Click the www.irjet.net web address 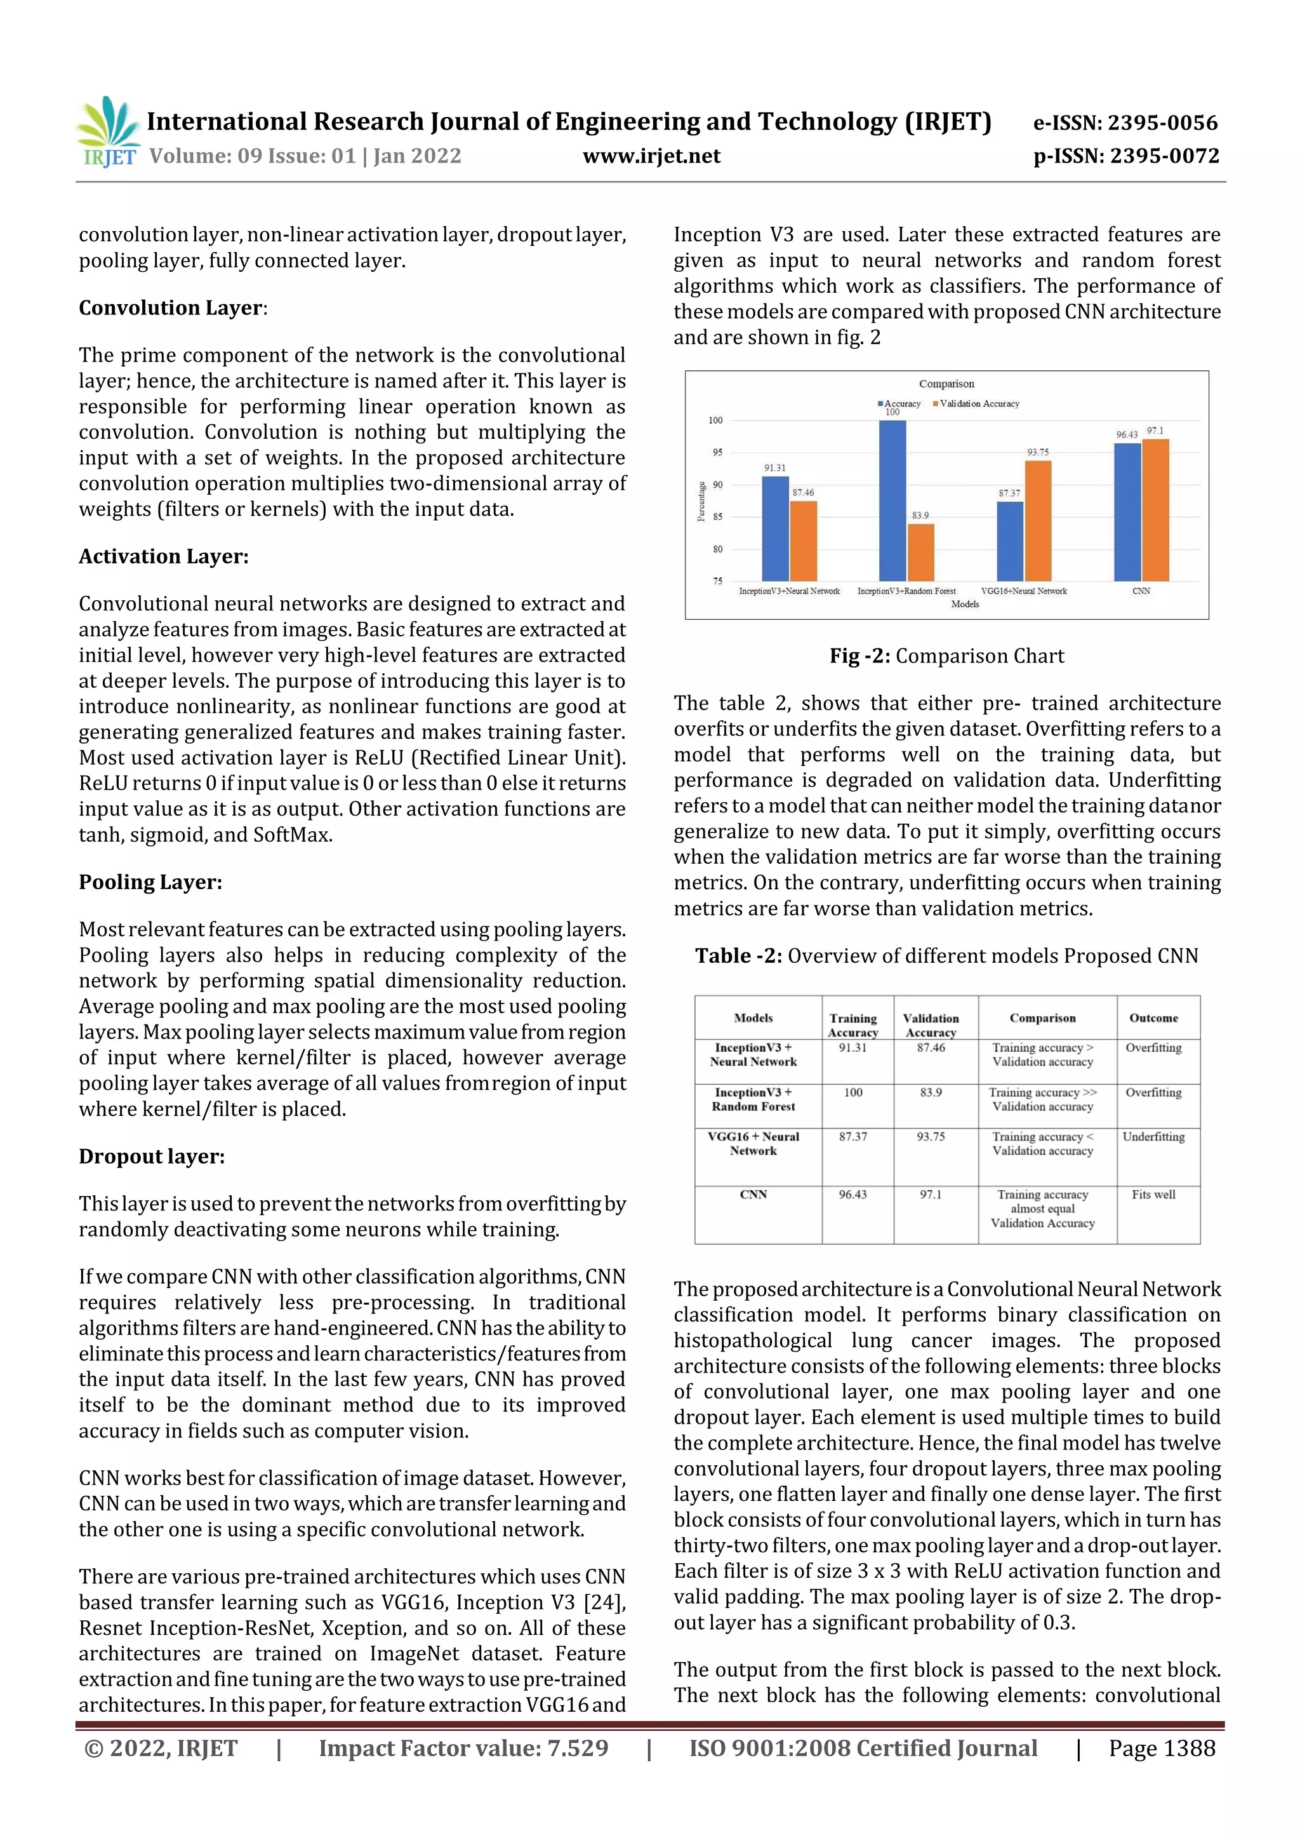pyautogui.click(x=651, y=156)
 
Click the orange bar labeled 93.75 pyautogui.click(x=1038, y=520)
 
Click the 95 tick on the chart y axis pyautogui.click(x=717, y=453)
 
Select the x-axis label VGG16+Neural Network pyautogui.click(x=1024, y=591)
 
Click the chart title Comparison pyautogui.click(x=946, y=384)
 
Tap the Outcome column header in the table pyautogui.click(x=1153, y=1017)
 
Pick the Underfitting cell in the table pyautogui.click(x=1153, y=1136)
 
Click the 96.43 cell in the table pyautogui.click(x=852, y=1194)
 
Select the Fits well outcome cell pyautogui.click(x=1153, y=1194)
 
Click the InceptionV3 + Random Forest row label pyautogui.click(x=753, y=1099)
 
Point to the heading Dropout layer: pyautogui.click(x=151, y=1157)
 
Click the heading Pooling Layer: pyautogui.click(x=150, y=882)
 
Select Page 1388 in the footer pyautogui.click(x=1162, y=1748)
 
